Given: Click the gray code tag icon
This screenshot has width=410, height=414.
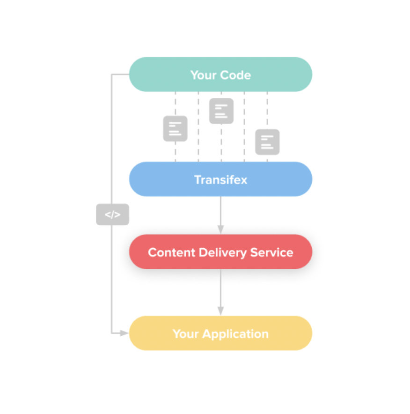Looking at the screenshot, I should (x=112, y=215).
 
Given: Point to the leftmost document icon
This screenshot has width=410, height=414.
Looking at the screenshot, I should (x=175, y=129).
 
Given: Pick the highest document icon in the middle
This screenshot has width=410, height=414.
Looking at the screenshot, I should (x=221, y=111).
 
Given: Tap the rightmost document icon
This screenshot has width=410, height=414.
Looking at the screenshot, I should (x=267, y=142).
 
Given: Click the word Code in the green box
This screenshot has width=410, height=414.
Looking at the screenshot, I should (x=235, y=75).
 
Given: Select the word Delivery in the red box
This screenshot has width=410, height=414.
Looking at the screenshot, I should (x=222, y=252).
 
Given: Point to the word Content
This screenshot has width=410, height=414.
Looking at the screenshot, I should (x=171, y=252).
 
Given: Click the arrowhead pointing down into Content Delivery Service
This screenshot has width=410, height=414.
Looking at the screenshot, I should (x=220, y=229).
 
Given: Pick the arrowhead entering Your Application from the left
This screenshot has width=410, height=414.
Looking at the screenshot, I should (x=124, y=333).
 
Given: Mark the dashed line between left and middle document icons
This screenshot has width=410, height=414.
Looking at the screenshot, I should (x=198, y=126).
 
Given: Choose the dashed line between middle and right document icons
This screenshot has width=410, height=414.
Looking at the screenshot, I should (x=244, y=126).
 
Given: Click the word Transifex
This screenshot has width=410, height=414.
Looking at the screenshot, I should (x=220, y=179).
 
